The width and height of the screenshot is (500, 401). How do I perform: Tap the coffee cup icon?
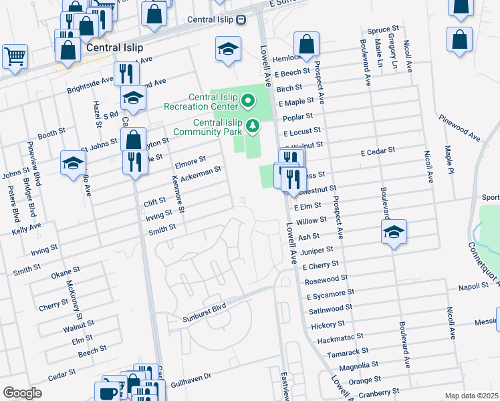click(107, 392)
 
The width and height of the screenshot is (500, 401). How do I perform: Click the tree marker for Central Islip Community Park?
click(253, 125)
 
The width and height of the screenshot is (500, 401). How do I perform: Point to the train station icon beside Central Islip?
click(240, 19)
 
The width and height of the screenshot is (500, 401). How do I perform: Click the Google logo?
click(22, 393)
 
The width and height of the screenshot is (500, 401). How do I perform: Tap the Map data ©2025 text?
click(472, 396)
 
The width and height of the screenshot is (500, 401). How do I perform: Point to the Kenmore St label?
click(178, 195)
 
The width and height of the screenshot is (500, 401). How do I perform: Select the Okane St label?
click(66, 273)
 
